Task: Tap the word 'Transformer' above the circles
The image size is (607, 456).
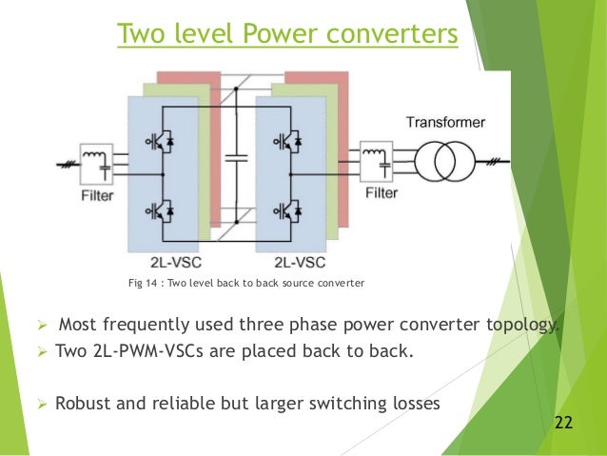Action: coord(445,123)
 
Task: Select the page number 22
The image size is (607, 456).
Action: coord(564,422)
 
